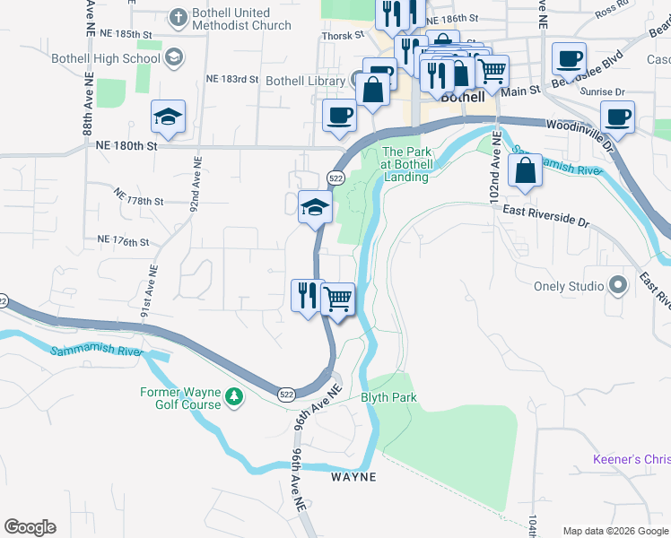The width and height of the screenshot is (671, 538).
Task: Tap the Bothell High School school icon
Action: [x=174, y=56]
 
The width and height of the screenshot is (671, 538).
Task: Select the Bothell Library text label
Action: [x=305, y=80]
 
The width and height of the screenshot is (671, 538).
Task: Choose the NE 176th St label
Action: [x=122, y=242]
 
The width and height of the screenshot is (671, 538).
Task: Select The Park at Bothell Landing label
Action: [x=408, y=164]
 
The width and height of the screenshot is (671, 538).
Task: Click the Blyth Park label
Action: [x=388, y=397]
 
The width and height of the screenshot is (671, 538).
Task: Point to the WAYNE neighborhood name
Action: [x=353, y=477]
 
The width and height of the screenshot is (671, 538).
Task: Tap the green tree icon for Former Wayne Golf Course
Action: [x=233, y=395]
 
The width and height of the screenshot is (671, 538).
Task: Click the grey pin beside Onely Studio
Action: [x=617, y=286]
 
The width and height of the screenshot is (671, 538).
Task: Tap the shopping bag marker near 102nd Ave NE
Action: [x=526, y=170]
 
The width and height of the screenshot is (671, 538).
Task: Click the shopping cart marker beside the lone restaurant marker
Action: [x=338, y=298]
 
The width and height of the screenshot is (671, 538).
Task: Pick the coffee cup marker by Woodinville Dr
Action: [x=617, y=115]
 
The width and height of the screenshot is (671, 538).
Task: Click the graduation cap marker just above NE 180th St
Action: [x=168, y=116]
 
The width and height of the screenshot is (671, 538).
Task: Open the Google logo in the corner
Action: [x=30, y=527]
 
